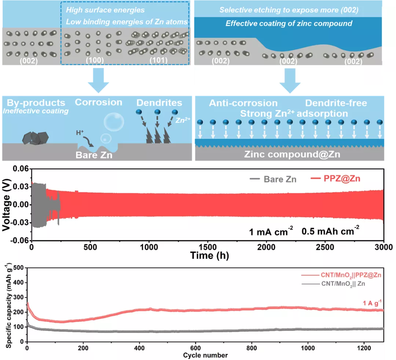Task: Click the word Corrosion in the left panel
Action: [x=99, y=102]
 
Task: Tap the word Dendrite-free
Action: [x=336, y=103]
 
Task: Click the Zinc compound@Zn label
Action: [x=292, y=154]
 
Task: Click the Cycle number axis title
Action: [x=206, y=355]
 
